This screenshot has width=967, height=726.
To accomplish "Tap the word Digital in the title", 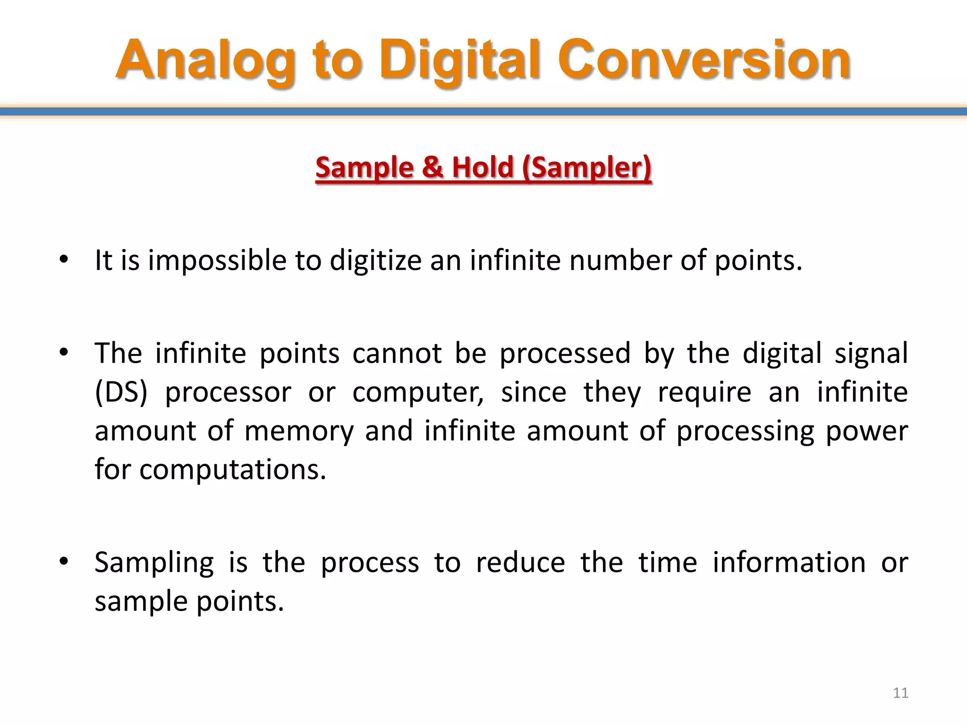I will coord(460,60).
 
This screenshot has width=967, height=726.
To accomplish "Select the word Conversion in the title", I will coord(704,60).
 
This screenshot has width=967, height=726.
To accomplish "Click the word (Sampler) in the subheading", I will coord(587,167).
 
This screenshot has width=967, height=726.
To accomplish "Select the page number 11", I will coord(900,693).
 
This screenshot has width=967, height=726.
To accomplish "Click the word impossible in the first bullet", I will coord(217,260).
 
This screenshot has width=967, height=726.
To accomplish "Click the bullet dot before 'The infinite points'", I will coord(64,353).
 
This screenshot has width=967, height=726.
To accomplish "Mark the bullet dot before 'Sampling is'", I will coord(64,562).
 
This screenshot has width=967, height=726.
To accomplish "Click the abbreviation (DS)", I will coord(121,392).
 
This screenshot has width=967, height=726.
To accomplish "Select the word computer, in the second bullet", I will coord(418,392).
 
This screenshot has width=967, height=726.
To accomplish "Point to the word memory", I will coord(298,431).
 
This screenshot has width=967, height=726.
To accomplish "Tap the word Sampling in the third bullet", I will coord(154,562).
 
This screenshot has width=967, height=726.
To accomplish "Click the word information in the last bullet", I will coord(789,562).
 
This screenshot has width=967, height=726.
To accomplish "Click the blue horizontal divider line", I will coord(483,112).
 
